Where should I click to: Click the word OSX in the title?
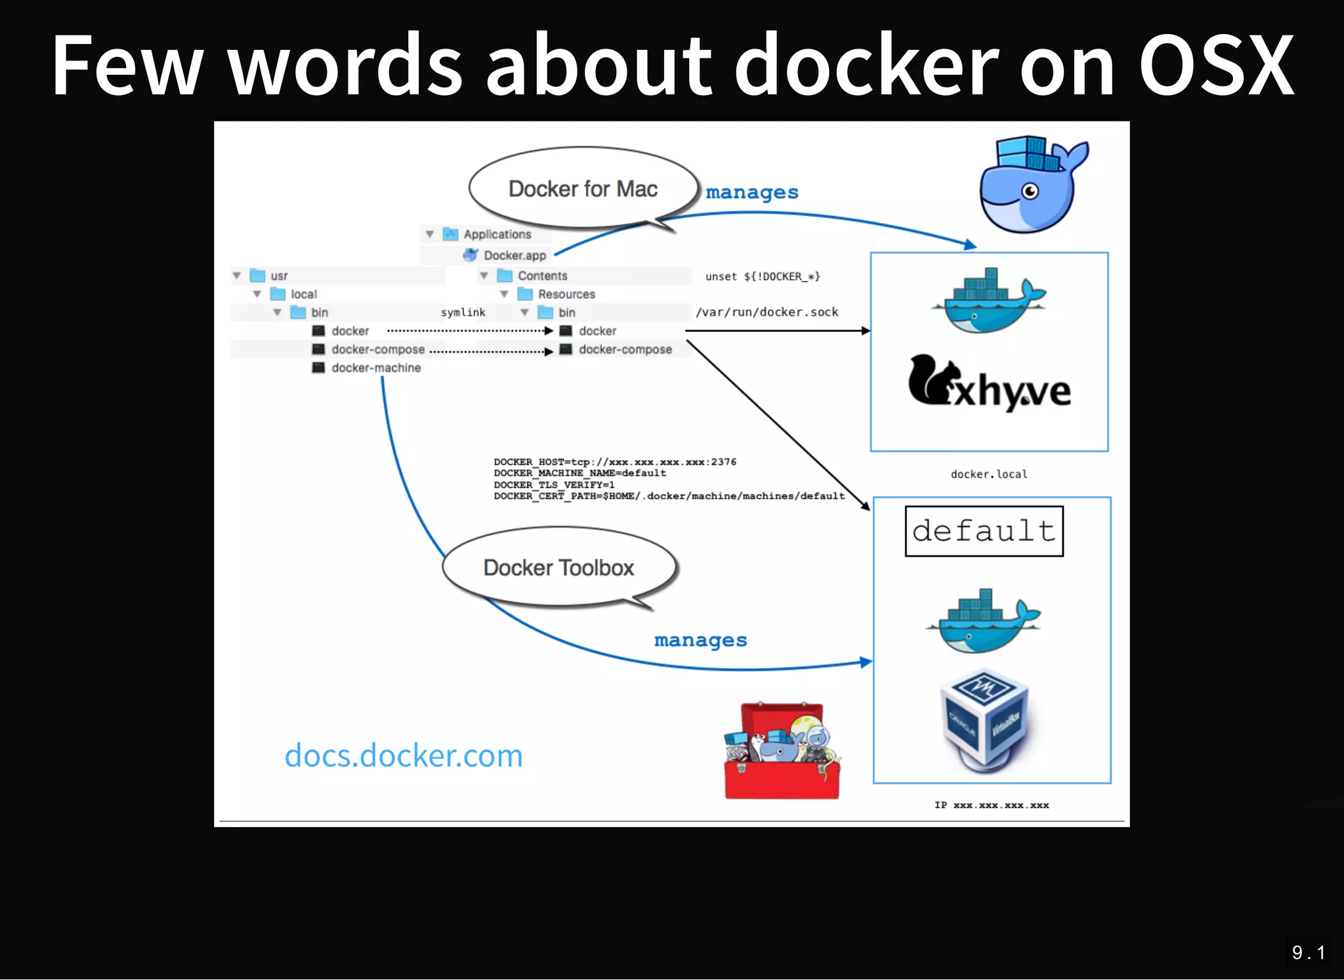pos(1215,66)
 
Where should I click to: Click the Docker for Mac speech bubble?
pos(583,189)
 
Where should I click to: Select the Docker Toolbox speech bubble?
pos(558,568)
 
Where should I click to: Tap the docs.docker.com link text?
pos(404,756)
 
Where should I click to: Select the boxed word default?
pos(984,531)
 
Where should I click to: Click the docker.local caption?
pos(989,474)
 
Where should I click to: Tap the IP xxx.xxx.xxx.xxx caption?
pos(992,805)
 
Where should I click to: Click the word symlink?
pos(463,312)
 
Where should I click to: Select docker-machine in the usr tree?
pos(375,368)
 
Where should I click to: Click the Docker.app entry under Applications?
pos(514,255)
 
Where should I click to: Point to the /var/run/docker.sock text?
pos(766,312)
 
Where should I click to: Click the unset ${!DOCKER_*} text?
pos(763,276)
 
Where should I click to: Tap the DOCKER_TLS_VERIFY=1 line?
pos(554,484)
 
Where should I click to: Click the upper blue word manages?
pos(752,192)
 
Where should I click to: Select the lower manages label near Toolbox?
pos(700,640)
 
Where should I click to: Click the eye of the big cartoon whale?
pos(1030,191)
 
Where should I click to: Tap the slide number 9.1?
pos(1308,952)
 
